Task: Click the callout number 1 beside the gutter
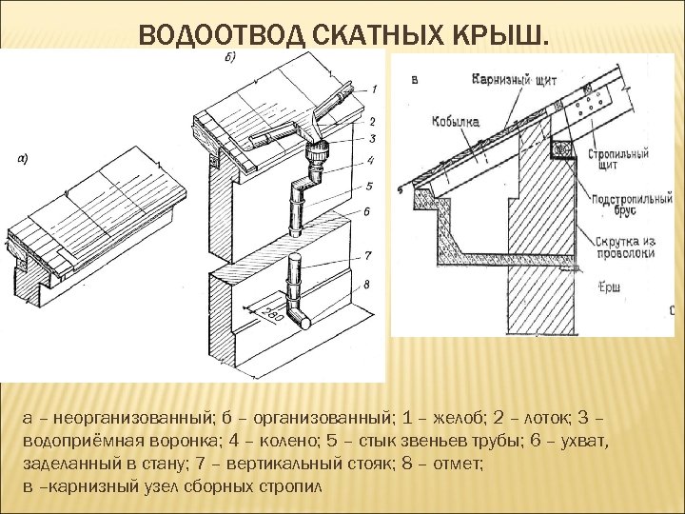pyautogui.click(x=374, y=89)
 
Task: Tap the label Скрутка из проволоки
pyautogui.click(x=622, y=247)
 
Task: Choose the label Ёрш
pyautogui.click(x=607, y=287)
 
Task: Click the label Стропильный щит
pyautogui.click(x=618, y=158)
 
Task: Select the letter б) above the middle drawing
pyautogui.click(x=230, y=57)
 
